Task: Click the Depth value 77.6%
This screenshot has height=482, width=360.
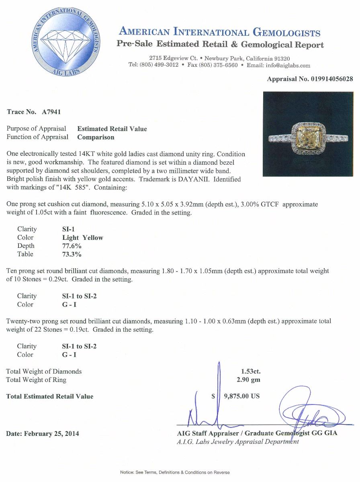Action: coord(72,246)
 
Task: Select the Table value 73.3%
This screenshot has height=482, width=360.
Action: coord(72,254)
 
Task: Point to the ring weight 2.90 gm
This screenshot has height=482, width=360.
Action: coord(248,380)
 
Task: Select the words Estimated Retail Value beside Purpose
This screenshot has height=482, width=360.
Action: coord(112,129)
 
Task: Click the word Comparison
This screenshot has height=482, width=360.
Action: coord(96,137)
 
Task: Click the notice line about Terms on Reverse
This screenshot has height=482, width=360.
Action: coord(175,472)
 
